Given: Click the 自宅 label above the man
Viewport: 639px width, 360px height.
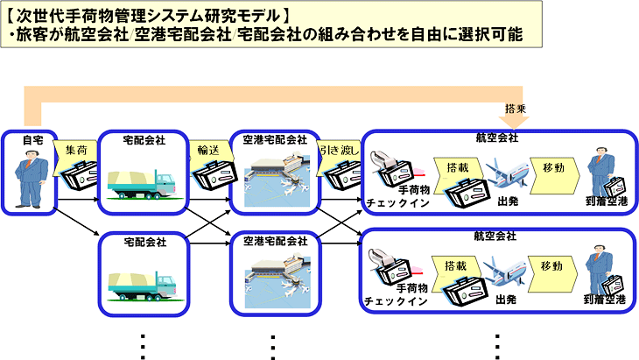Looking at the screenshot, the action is pyautogui.click(x=32, y=140).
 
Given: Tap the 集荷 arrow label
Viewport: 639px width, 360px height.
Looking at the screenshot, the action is pyautogui.click(x=76, y=151).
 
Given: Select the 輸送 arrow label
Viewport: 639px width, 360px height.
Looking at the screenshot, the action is pyautogui.click(x=208, y=151).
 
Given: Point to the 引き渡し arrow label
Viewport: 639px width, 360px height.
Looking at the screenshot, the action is pyautogui.click(x=340, y=151).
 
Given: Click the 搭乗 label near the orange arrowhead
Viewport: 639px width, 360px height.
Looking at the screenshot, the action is pyautogui.click(x=516, y=109).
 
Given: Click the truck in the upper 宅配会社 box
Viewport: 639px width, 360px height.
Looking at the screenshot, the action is pyautogui.click(x=142, y=185).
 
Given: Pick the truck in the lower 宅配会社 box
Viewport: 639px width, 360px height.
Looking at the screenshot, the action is pyautogui.click(x=142, y=286).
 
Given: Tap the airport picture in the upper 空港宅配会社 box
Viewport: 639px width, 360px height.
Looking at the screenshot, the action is pyautogui.click(x=277, y=180).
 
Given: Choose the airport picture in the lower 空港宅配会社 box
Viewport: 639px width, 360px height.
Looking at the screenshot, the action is pyautogui.click(x=277, y=281).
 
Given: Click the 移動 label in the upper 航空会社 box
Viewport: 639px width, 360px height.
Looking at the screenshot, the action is pyautogui.click(x=553, y=167).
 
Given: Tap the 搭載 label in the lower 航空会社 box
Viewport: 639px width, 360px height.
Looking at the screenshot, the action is pyautogui.click(x=455, y=265).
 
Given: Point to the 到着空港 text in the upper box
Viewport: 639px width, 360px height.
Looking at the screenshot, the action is pyautogui.click(x=607, y=201).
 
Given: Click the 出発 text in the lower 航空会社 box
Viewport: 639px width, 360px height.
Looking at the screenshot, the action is pyautogui.click(x=506, y=300).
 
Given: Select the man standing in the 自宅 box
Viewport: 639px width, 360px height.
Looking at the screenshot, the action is pyautogui.click(x=30, y=178).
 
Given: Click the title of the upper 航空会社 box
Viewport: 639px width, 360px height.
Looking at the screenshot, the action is pyautogui.click(x=497, y=138).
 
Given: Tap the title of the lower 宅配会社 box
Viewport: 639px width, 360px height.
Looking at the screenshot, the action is pyautogui.click(x=145, y=242).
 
